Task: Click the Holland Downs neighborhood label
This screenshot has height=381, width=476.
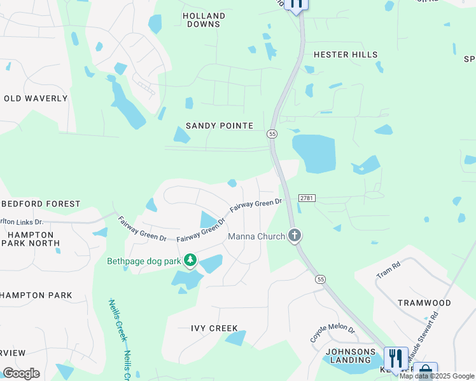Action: (x=204, y=20)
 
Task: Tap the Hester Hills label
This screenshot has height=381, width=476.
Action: (x=346, y=55)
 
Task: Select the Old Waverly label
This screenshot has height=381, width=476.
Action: (x=36, y=98)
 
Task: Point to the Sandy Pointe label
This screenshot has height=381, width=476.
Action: (x=220, y=126)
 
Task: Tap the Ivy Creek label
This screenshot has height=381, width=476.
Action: (x=214, y=328)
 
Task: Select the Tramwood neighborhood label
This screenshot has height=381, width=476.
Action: (x=424, y=303)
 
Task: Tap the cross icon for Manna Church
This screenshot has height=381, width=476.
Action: (x=294, y=236)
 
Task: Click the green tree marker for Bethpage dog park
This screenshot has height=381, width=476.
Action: (x=190, y=260)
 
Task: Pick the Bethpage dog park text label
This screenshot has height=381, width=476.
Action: (x=143, y=261)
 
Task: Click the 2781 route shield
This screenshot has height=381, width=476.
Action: (x=306, y=199)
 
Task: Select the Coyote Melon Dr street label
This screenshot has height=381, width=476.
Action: (x=332, y=332)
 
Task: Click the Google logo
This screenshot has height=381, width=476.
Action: (x=21, y=373)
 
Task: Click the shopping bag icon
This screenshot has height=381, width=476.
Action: (x=425, y=371)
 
